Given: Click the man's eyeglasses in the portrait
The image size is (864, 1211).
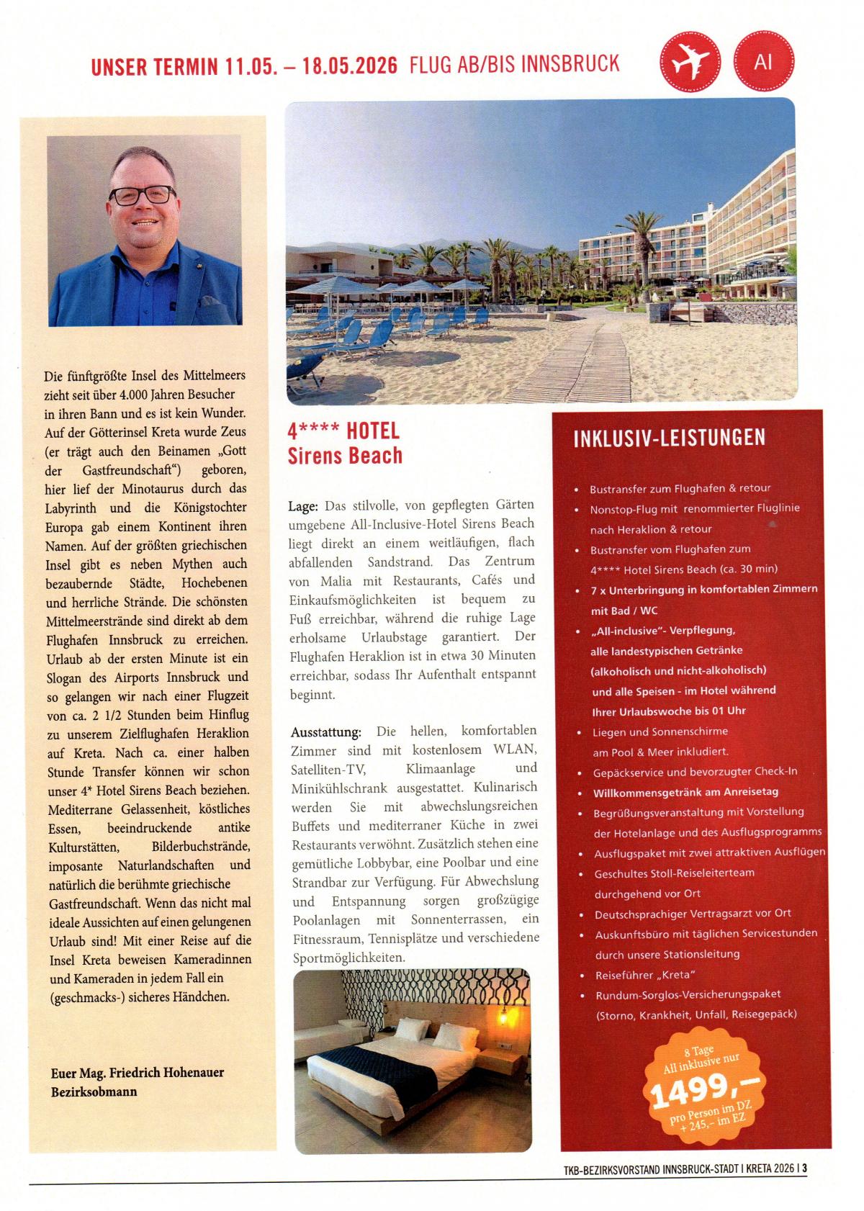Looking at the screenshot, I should (143, 194).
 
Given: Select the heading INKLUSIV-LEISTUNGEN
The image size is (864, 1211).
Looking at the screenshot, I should (669, 438).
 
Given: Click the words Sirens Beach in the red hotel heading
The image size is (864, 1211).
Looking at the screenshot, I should (345, 456).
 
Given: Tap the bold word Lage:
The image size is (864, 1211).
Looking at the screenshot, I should (303, 506).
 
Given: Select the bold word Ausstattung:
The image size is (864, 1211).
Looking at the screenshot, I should (326, 732).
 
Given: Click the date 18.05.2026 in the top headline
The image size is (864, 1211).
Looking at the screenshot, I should (350, 65).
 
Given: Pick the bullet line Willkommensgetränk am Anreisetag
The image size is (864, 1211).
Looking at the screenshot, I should (675, 792).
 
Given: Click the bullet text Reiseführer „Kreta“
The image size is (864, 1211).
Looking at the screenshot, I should (645, 975).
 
